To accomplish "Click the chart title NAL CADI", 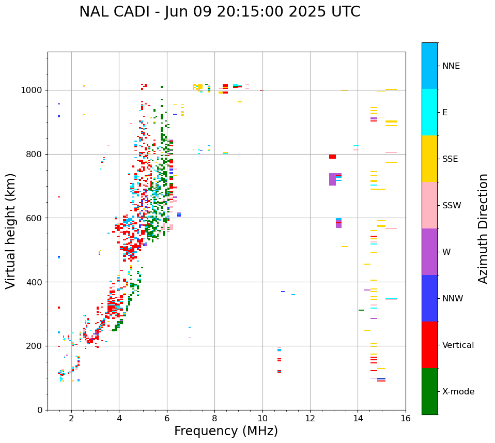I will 220,12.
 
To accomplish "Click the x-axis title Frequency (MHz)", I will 226,431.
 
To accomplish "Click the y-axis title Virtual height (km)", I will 11,231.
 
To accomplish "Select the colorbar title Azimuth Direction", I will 483,228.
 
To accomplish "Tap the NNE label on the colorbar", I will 451,66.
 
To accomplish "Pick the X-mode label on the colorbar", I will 458,392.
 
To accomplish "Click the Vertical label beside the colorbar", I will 458,345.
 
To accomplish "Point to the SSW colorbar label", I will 452,206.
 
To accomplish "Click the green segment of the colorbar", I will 429,391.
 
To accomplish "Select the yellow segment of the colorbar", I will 429,159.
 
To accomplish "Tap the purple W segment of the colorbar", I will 429,252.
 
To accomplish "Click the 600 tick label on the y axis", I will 37,218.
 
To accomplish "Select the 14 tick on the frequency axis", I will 358,418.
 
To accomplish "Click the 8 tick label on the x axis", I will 214,418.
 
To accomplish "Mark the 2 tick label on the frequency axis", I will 71,418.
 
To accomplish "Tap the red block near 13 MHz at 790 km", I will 332,157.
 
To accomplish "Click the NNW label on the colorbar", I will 453,299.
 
